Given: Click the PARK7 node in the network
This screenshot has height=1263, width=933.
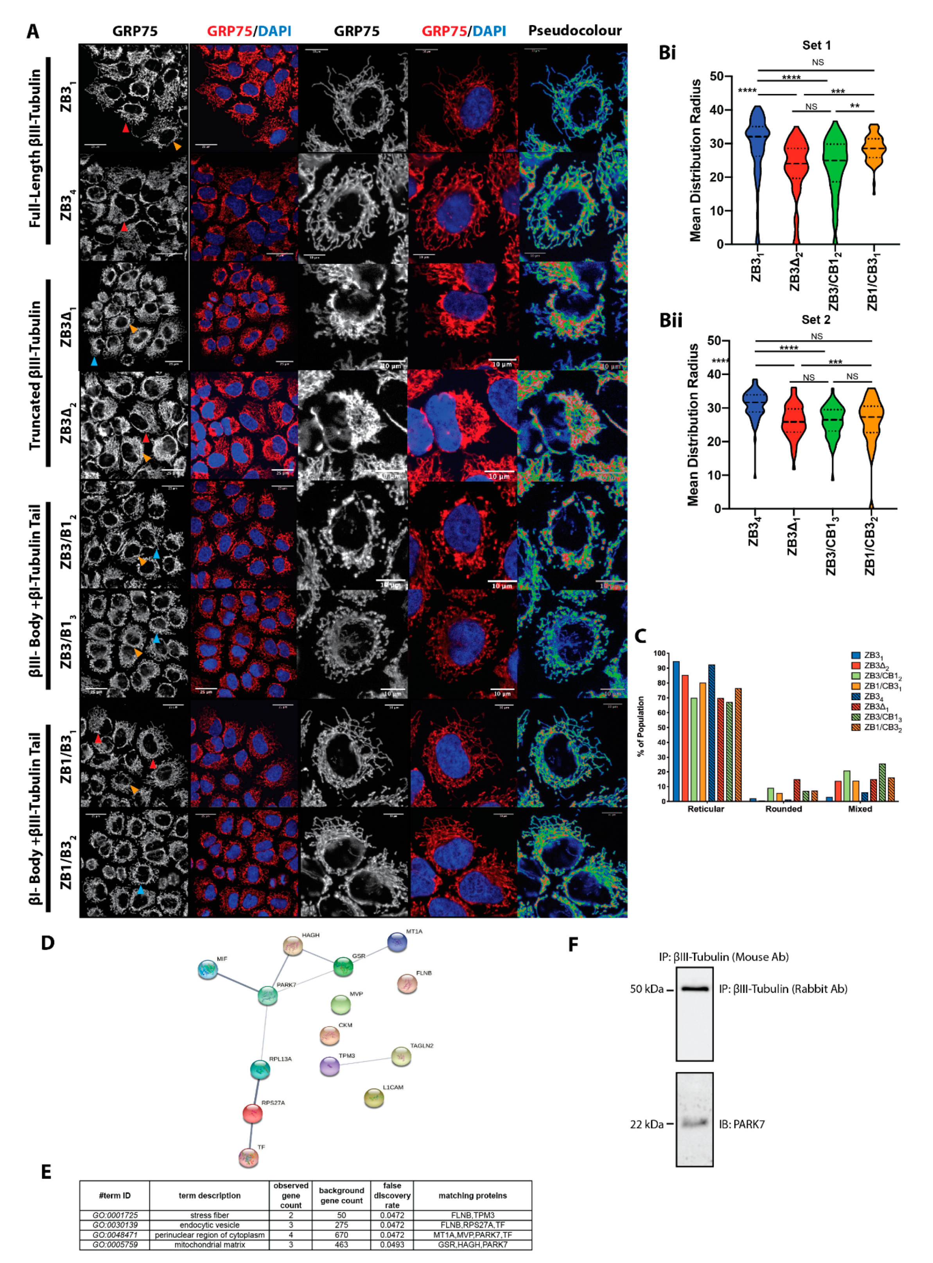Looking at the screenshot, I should [x=267, y=996].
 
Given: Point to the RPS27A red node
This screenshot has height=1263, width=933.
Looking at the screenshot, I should [x=253, y=1113].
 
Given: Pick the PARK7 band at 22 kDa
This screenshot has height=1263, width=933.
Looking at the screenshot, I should [x=694, y=1122].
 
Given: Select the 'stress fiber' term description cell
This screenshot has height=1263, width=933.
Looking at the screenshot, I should [x=210, y=1215].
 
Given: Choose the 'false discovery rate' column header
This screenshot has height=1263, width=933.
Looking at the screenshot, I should [x=392, y=1195].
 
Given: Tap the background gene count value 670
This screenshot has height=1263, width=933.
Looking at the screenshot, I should [x=341, y=1235].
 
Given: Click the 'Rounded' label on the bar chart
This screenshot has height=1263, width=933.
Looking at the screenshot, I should [x=783, y=809].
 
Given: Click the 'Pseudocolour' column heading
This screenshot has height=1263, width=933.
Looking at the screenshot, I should [x=574, y=30].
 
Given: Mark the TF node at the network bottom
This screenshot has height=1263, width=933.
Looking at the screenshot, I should [x=248, y=1157].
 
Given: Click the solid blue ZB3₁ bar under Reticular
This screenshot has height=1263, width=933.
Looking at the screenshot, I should [x=676, y=731].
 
